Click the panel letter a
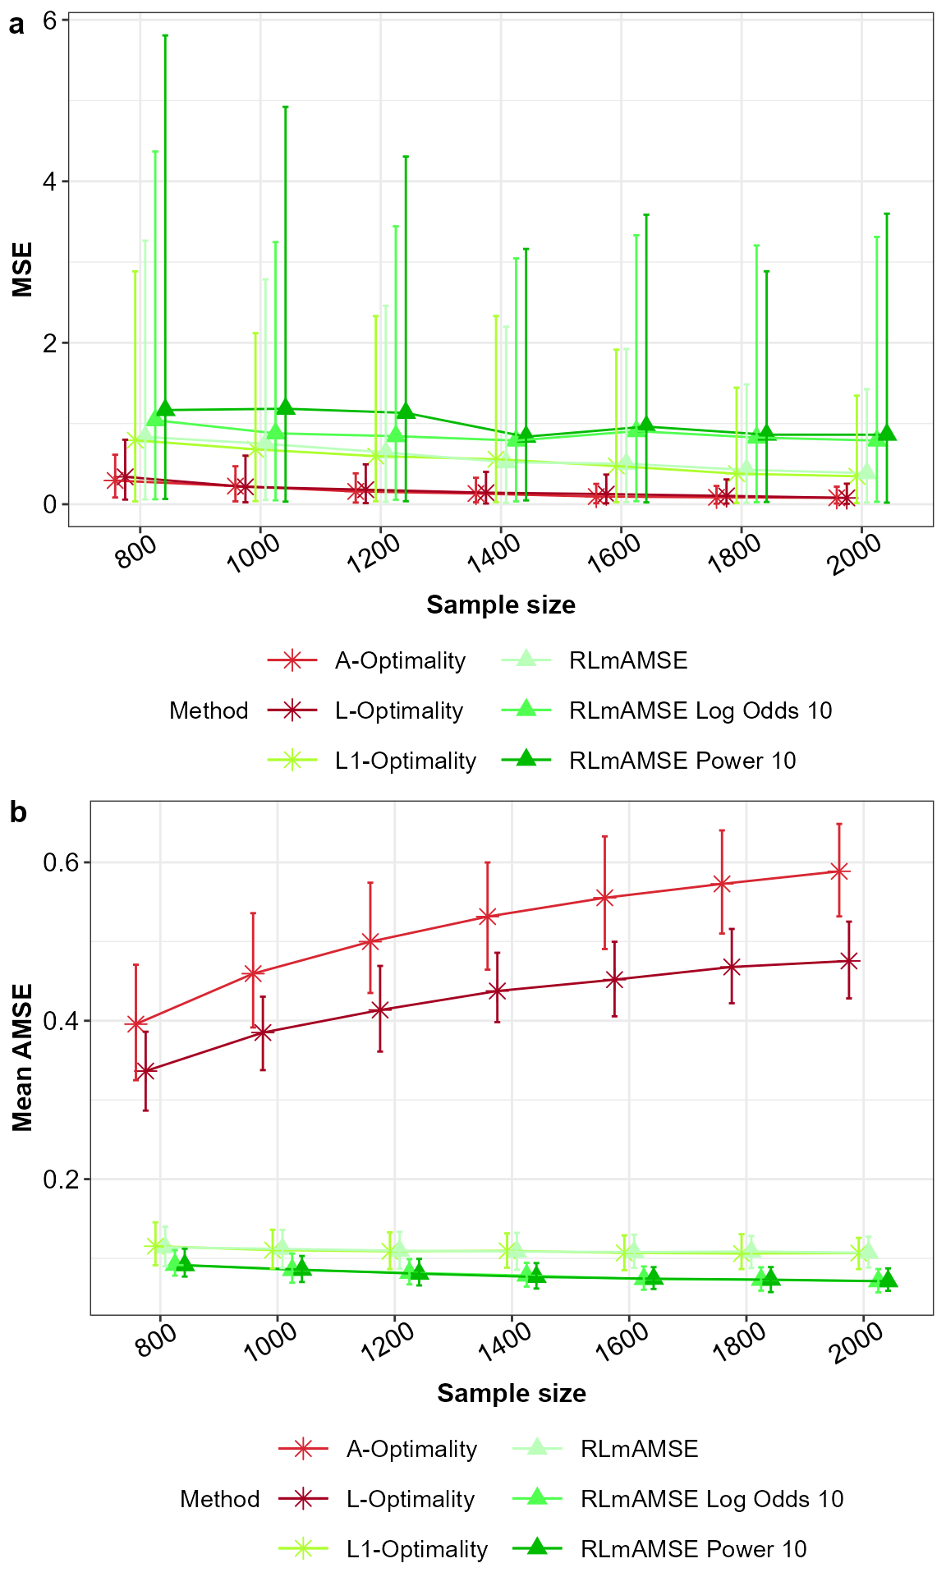tap(16, 25)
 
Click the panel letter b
tap(18, 812)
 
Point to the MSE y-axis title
tap(22, 269)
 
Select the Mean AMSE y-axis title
tap(22, 1058)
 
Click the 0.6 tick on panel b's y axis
tap(60, 862)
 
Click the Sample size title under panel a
tap(500, 605)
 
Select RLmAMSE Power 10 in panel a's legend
tap(682, 761)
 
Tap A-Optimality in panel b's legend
tap(411, 1449)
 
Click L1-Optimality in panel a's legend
tap(405, 761)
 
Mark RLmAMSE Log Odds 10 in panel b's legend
tap(711, 1499)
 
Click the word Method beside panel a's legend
tap(209, 710)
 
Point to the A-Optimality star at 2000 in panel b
tap(838, 871)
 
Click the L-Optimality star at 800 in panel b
tap(145, 1070)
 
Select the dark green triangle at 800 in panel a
tap(165, 409)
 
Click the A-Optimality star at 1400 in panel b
tap(487, 916)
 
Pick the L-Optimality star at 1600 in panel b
tap(614, 979)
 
